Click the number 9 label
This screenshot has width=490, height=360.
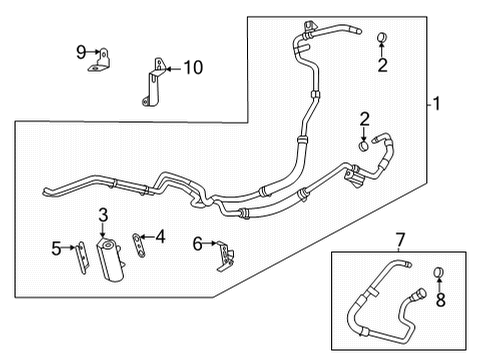pos(82,50)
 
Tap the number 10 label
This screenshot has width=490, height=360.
pos(192,68)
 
